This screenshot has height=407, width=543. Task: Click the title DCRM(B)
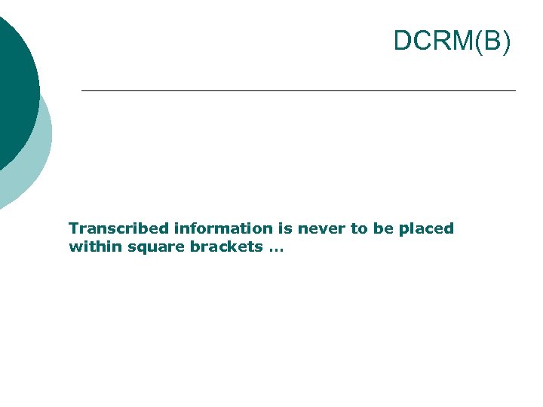pyautogui.click(x=452, y=41)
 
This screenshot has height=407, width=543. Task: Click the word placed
pyautogui.click(x=426, y=228)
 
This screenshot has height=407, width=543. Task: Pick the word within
pyautogui.click(x=90, y=246)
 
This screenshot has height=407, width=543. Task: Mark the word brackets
pyautogui.click(x=220, y=246)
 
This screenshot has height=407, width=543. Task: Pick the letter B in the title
pyautogui.click(x=492, y=41)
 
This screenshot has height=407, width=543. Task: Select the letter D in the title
pyautogui.click(x=403, y=41)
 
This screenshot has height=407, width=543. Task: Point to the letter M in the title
pyautogui.click(x=462, y=41)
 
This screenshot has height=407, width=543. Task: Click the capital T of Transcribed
pyautogui.click(x=73, y=228)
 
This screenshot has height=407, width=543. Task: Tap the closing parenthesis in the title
pyautogui.click(x=506, y=41)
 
